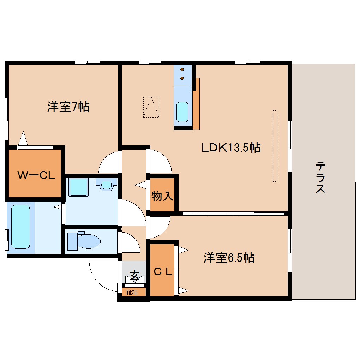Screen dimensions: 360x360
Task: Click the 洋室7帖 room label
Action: pos(68,106)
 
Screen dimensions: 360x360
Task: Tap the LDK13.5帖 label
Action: pos(231,148)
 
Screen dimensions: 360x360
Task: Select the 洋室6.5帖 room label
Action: pos(229,258)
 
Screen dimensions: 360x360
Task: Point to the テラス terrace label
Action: pos(320,177)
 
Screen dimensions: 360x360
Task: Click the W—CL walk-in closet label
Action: pos(36,175)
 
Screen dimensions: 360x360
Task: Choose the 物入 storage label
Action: pos(162,196)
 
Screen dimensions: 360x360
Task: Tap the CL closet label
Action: pos(163,271)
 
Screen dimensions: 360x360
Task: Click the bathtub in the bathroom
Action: pos(20,227)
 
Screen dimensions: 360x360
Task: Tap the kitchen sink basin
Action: pos(182,112)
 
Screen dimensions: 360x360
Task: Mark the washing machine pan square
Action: pos(78,187)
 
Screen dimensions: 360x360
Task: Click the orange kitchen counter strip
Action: pos(196,103)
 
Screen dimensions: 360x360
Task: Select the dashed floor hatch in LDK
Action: pos(151,107)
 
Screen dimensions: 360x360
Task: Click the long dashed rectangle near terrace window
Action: pos(275,146)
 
